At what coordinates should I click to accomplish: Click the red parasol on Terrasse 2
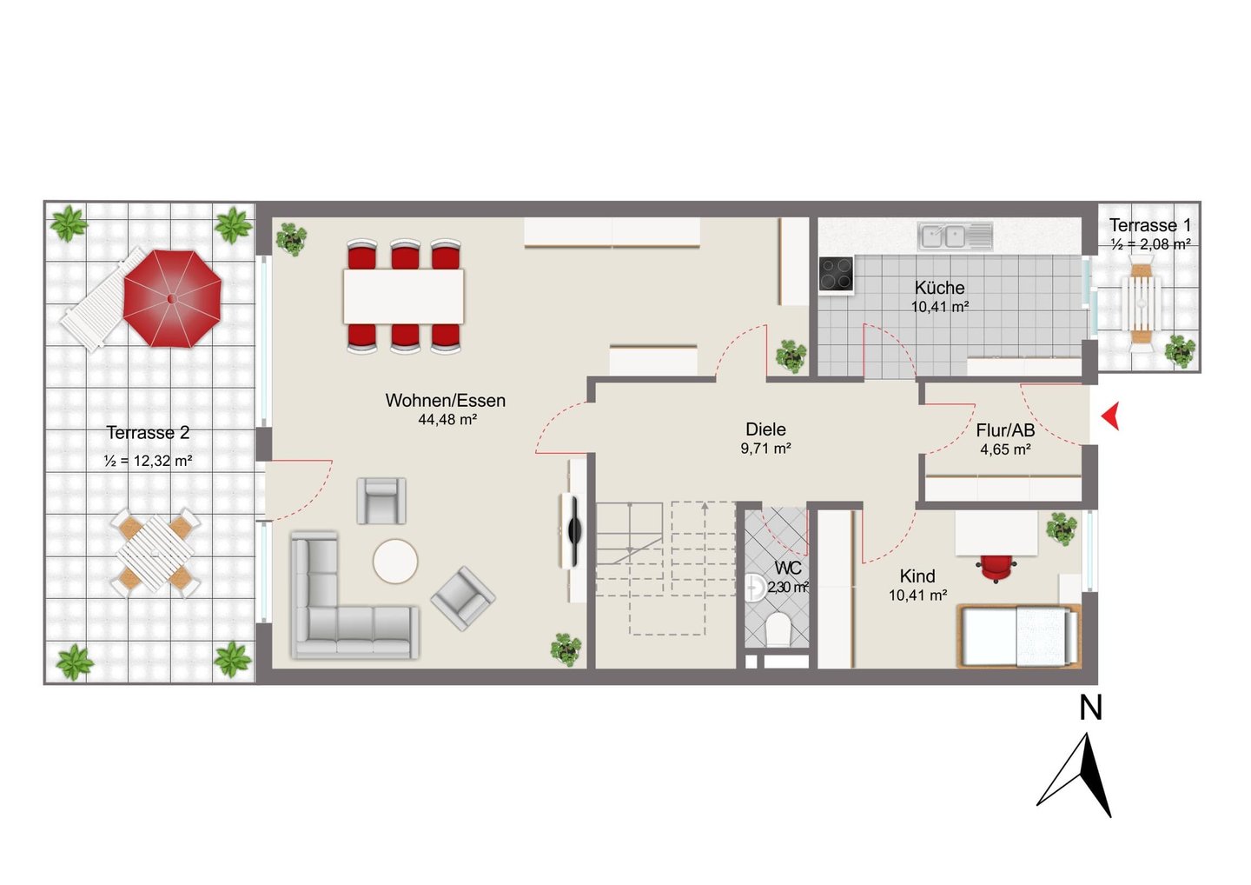point(173,298)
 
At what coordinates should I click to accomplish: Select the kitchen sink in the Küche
point(955,236)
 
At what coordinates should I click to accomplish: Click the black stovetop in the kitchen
point(836,274)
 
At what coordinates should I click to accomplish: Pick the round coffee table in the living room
point(395,562)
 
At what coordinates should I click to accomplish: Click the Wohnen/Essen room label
point(445,400)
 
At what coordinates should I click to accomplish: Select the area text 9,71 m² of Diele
point(765,448)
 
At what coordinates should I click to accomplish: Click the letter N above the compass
point(1091,708)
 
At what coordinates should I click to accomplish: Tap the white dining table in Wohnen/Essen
point(403,296)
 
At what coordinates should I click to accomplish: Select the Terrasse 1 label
point(1150,225)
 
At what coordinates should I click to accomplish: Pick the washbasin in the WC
point(754,588)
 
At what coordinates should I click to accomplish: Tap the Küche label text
point(939,288)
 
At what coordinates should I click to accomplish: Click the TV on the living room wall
point(573,529)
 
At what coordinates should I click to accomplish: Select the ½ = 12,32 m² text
point(148,461)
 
